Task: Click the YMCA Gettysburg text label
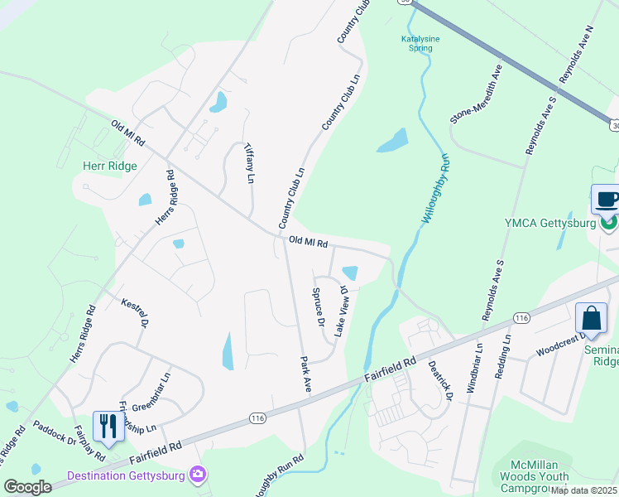551,224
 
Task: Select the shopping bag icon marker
592,318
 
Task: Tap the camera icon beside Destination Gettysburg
199,474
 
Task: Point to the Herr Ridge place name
109,166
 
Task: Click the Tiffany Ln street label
248,162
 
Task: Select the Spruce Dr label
316,306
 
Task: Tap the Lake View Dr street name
341,311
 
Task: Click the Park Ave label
305,375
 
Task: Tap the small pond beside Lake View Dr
350,273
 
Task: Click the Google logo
27,487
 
